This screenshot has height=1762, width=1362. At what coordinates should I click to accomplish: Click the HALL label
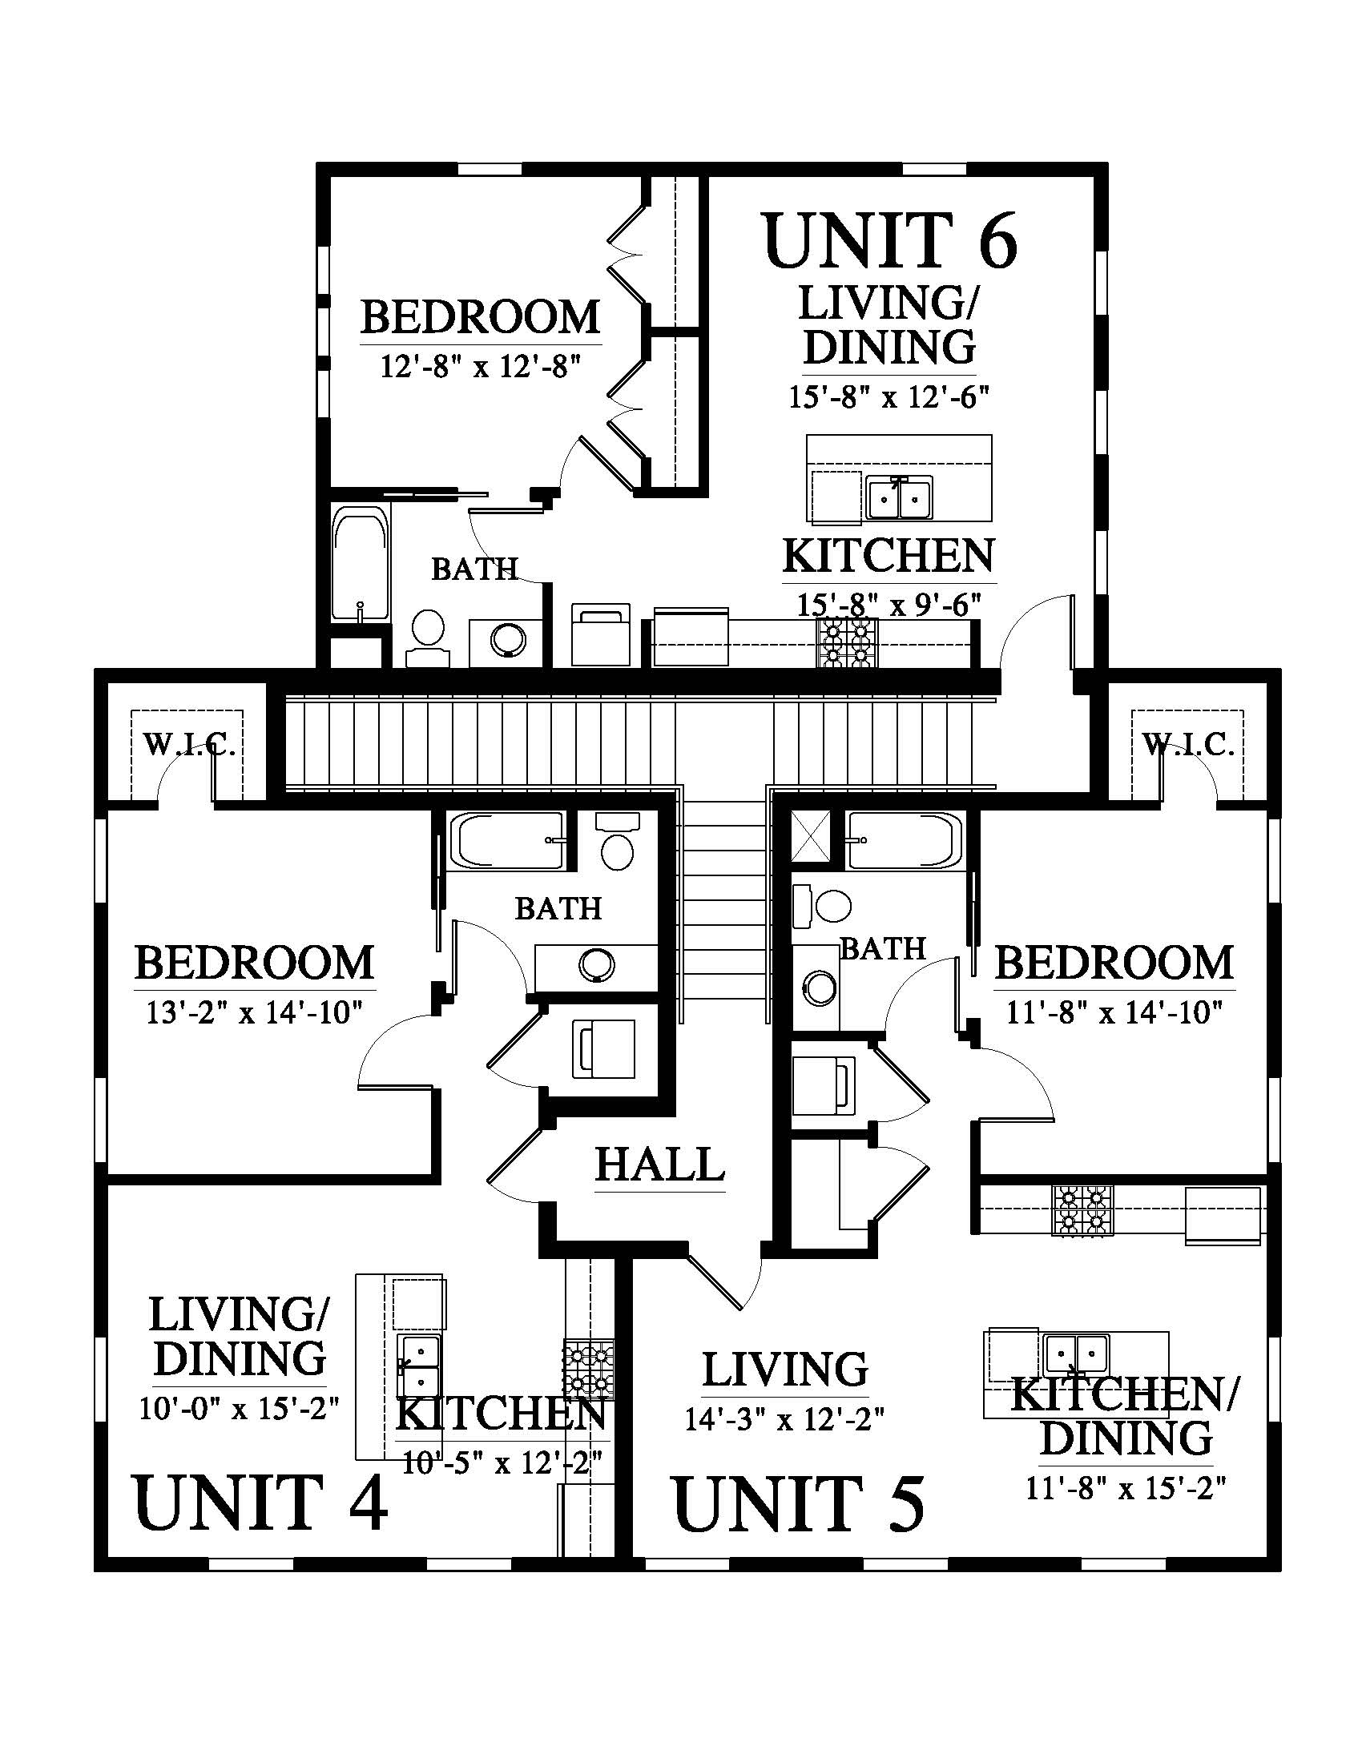click(660, 1165)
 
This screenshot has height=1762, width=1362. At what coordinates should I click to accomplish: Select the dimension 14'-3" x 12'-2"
click(785, 1442)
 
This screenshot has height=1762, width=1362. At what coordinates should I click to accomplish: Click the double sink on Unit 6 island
click(900, 497)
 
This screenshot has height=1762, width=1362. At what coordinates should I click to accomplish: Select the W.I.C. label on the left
click(189, 744)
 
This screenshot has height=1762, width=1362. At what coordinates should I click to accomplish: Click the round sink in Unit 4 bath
click(596, 964)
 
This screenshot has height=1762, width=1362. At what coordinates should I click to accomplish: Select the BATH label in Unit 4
click(559, 909)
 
